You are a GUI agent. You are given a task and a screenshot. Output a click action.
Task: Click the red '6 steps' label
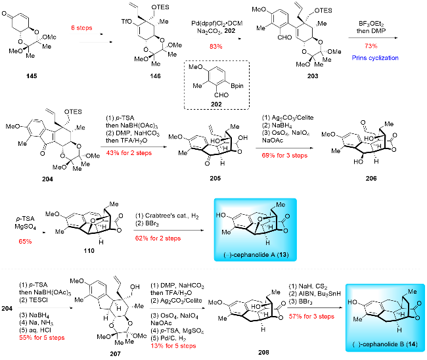(x=81, y=28)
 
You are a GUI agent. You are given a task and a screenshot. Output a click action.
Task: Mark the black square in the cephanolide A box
(x=235, y=217)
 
